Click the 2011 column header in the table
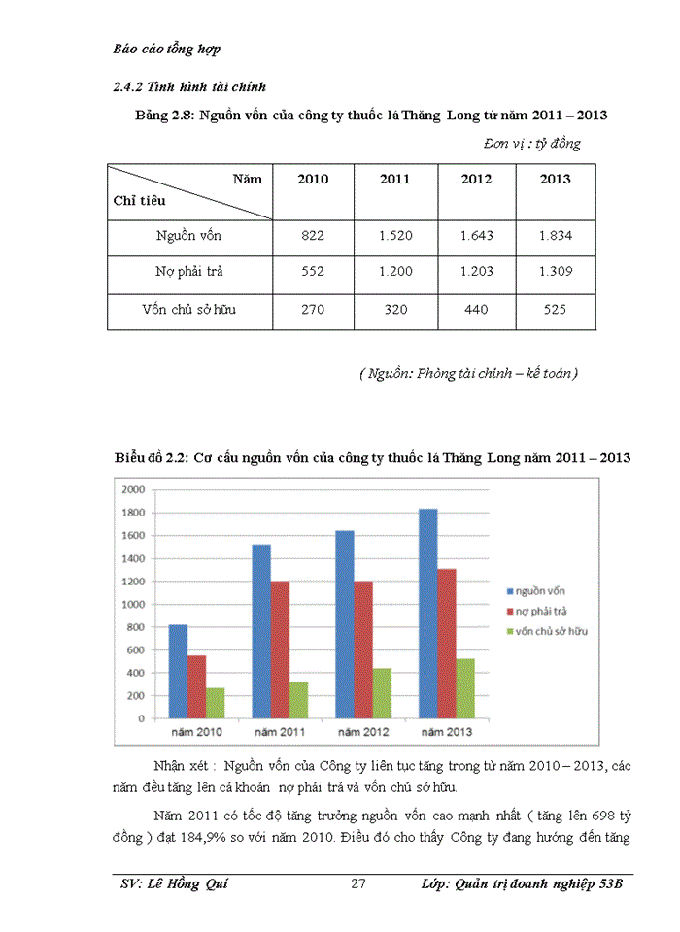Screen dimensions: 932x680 point(394,180)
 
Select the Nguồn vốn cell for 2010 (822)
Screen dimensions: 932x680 point(313,236)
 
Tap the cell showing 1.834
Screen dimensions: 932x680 point(555,236)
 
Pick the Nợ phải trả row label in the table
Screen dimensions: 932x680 point(188,272)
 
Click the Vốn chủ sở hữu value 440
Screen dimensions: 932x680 point(475,310)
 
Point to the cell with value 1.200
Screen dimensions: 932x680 point(394,272)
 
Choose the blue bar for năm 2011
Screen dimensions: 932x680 point(260,631)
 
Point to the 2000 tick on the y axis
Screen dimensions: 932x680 point(133,489)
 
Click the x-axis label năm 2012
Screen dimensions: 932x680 point(362,731)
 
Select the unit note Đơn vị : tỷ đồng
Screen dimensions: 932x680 point(531,144)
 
